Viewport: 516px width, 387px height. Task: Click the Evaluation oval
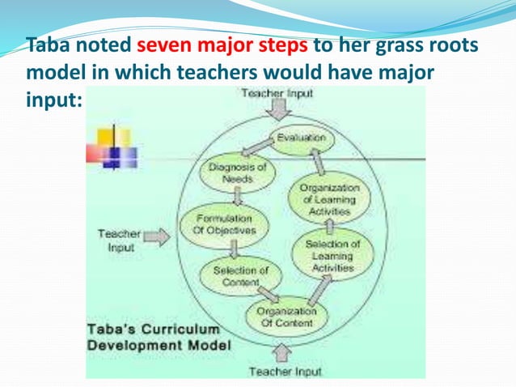[x=300, y=138]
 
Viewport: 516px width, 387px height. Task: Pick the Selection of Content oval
[x=240, y=275]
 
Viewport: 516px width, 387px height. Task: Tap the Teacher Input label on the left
[x=119, y=240]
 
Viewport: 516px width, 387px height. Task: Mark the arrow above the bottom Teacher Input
[x=282, y=353]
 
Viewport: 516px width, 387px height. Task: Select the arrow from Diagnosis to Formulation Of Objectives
[x=238, y=197]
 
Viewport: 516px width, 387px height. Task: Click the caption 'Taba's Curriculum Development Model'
[x=159, y=338]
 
